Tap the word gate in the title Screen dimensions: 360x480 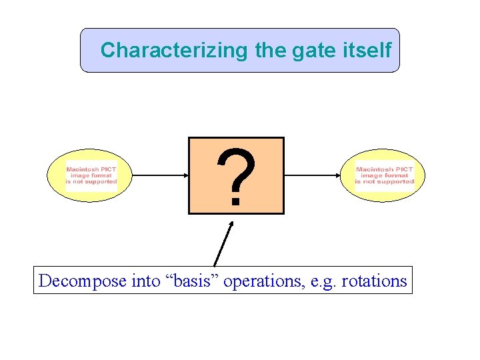[319, 50]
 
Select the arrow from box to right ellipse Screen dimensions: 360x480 [313, 176]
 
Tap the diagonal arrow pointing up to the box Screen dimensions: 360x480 [224, 243]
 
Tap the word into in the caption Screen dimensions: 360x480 [146, 281]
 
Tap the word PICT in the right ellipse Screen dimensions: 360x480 [404, 170]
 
